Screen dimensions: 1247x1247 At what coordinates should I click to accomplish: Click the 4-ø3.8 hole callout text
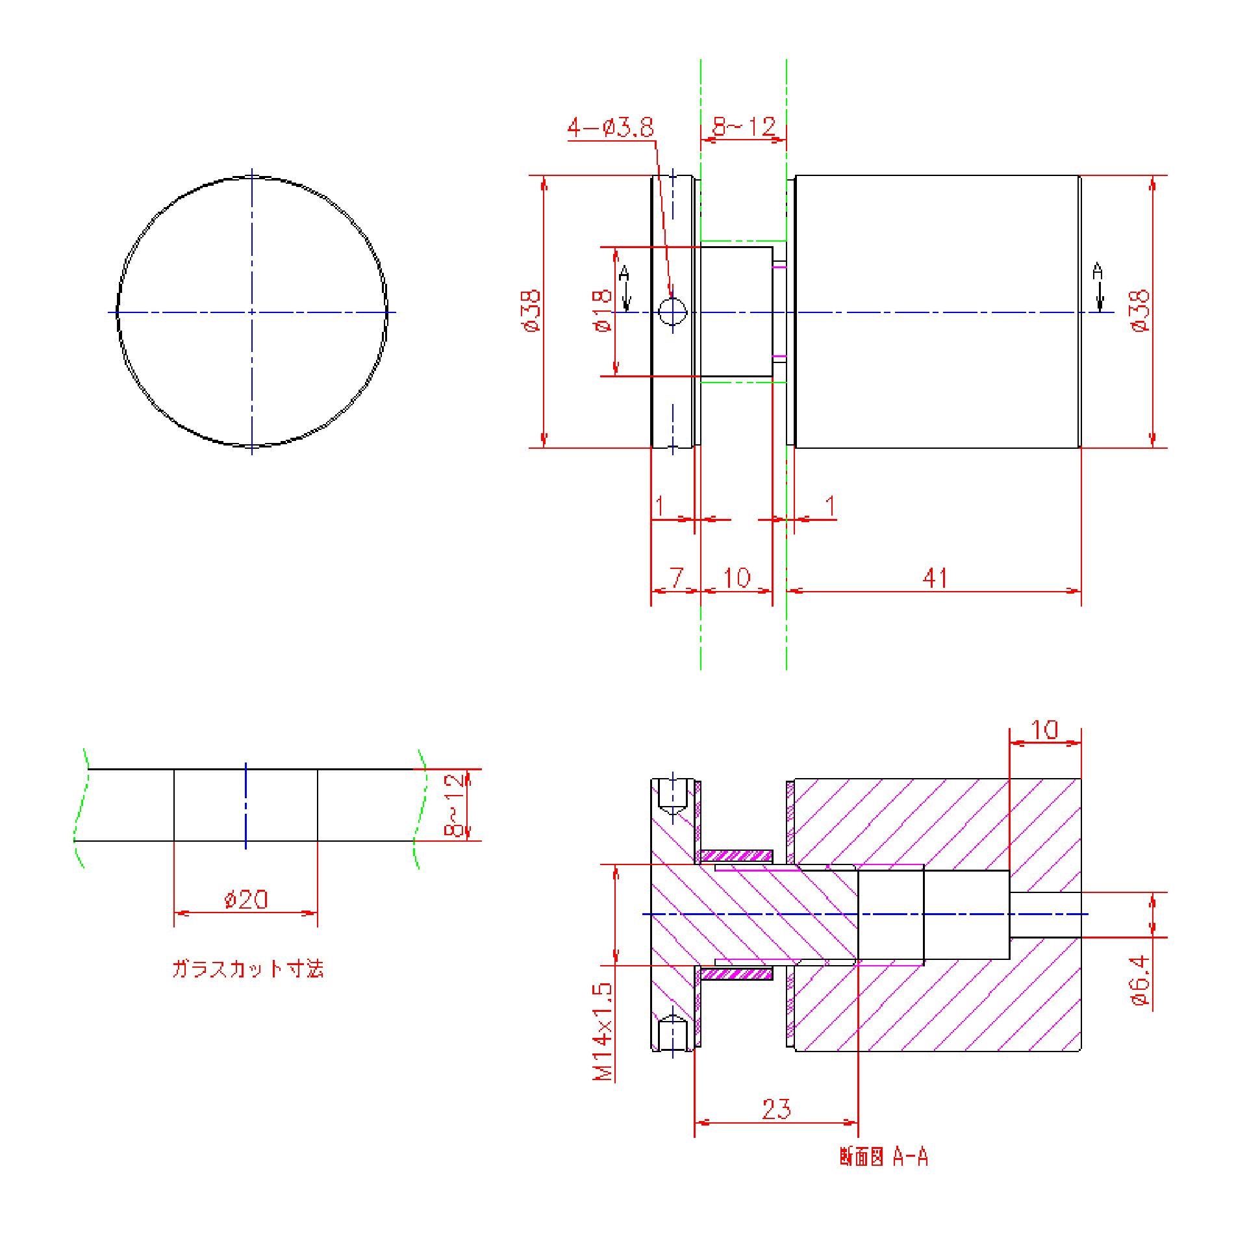611,127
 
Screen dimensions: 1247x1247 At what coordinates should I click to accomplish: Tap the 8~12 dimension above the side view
744,126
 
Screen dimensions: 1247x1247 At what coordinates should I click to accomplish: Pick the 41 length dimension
935,577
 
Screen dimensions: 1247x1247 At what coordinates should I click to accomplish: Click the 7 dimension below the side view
677,577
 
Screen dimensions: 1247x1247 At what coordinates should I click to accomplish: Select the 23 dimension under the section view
777,1109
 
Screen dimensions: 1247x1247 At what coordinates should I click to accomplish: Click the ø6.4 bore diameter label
1140,981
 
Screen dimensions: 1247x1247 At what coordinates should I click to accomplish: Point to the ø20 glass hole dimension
246,900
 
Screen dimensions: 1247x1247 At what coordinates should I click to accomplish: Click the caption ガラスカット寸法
247,969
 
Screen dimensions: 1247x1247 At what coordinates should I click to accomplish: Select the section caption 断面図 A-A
884,1157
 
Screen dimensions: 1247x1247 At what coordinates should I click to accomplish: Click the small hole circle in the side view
673,311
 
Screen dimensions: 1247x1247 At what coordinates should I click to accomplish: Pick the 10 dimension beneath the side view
737,577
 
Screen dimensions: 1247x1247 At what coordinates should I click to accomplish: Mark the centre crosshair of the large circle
252,312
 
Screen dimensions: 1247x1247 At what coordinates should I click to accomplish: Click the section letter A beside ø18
624,273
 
